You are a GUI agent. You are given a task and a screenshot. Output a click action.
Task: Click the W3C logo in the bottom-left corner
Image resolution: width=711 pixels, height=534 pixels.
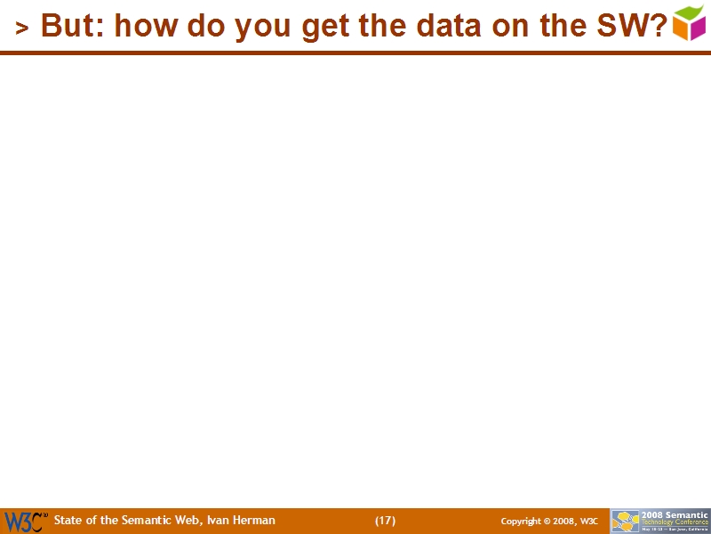coord(25,522)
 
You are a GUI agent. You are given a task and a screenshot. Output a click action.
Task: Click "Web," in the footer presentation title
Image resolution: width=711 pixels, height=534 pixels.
coord(188,521)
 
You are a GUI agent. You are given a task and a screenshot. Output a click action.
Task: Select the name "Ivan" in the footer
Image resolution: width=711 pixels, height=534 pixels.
coord(218,521)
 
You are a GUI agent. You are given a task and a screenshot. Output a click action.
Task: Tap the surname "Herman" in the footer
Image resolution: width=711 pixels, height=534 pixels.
coord(255,521)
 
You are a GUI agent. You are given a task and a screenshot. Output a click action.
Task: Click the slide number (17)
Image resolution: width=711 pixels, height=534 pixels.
coord(385,521)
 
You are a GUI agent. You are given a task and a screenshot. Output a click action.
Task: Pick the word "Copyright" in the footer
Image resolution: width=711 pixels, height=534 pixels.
coord(522,522)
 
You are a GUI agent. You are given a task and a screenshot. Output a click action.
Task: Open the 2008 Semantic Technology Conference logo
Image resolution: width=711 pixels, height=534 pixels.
coord(660,521)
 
